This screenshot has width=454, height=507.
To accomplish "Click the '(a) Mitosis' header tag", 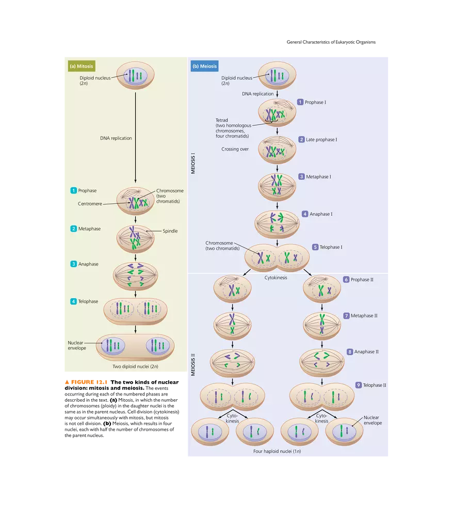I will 82,66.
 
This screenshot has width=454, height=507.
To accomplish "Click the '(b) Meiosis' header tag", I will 205,66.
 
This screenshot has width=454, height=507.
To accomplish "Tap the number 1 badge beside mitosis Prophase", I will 73,191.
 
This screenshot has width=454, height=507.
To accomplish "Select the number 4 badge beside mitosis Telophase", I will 73,301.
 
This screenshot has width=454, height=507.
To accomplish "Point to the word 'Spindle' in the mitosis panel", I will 170,231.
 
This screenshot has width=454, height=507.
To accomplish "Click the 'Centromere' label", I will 90,204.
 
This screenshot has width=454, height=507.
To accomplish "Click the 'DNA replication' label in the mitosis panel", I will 116,138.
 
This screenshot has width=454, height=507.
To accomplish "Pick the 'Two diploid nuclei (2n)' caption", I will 135,367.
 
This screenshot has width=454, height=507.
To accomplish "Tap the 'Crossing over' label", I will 235,149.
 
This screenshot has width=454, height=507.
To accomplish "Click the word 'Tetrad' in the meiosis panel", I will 222,120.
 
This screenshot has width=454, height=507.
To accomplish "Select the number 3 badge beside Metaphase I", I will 301,176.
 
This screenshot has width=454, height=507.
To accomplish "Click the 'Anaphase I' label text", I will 321,214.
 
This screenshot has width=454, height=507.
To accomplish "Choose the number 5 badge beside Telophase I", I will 315,247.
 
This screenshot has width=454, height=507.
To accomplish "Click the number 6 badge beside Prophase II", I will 346,280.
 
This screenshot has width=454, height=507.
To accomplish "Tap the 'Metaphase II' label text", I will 364,316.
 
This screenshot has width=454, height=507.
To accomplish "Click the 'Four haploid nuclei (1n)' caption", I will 277,451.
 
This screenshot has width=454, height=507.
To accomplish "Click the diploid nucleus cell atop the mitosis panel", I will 135,76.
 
